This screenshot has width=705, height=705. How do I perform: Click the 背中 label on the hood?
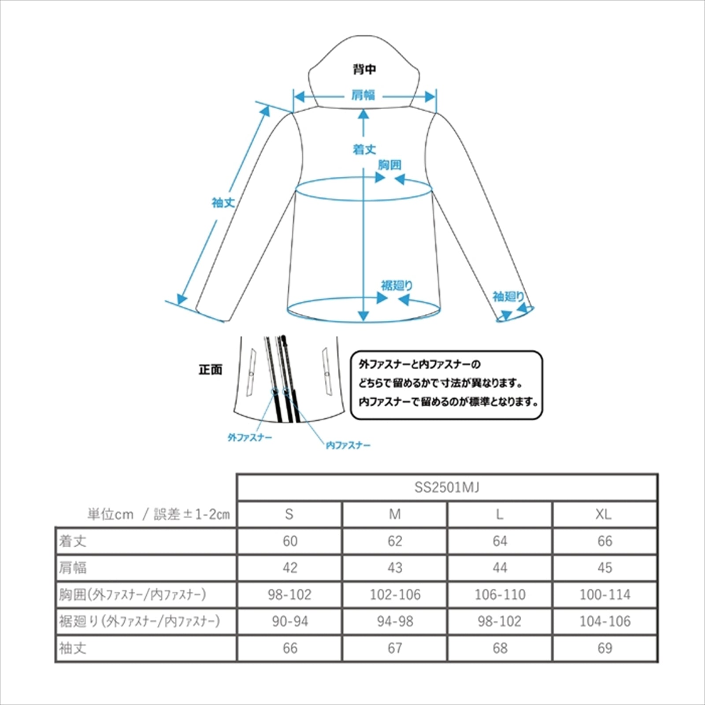coord(364,69)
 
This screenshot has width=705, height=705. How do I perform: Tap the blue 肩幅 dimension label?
coord(363,95)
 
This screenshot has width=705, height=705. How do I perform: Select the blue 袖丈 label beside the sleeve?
coord(223,203)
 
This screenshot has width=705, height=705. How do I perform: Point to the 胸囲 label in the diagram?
coord(390,165)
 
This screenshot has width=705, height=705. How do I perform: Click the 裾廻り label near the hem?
coord(397,286)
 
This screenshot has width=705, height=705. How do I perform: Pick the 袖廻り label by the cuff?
coord(508,297)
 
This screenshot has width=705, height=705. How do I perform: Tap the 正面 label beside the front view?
coord(211,370)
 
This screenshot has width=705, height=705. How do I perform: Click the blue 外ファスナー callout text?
coord(250,438)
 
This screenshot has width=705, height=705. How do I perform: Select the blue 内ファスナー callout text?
coord(348,445)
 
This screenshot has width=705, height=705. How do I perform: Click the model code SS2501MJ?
coord(447,487)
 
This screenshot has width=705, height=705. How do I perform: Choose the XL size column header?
coord(604,514)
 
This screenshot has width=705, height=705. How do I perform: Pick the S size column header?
coord(289,514)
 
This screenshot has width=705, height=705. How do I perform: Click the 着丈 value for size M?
coord(395,541)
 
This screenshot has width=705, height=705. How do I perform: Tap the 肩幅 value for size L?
coord(500,568)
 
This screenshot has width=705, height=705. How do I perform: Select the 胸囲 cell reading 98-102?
coord(289,594)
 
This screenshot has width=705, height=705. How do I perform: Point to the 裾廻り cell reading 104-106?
coord(605,621)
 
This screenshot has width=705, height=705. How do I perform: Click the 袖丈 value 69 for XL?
coord(605,648)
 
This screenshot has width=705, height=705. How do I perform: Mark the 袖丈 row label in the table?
coord(73,648)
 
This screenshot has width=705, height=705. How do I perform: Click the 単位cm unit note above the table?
coord(110,514)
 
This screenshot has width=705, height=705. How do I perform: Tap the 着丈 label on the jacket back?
coord(364,149)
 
